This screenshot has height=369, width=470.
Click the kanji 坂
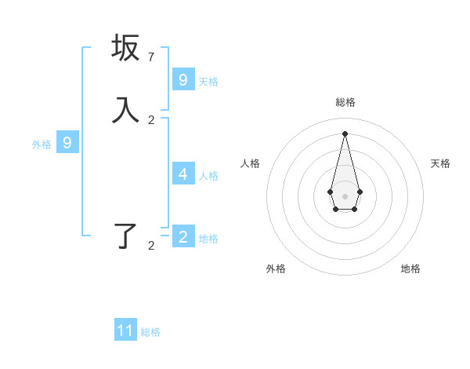[x=125, y=48]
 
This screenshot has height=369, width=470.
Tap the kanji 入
[x=125, y=110]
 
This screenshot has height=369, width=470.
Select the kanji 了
[x=125, y=236]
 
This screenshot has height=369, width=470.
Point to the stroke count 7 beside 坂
[x=151, y=57]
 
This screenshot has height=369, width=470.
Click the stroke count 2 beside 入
[x=151, y=120]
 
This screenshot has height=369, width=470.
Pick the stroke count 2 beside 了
[x=151, y=246]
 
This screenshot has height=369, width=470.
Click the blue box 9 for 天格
[x=183, y=80]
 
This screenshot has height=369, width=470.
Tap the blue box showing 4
[x=183, y=174]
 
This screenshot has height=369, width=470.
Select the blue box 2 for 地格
[x=183, y=237]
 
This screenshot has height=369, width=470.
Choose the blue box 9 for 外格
[x=67, y=143]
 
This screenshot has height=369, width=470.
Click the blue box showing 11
[x=125, y=331]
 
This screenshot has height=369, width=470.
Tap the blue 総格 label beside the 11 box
[x=150, y=332]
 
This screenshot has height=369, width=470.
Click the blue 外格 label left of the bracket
[x=42, y=144]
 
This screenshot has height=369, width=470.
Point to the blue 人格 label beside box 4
[x=208, y=176]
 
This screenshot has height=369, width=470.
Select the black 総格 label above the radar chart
[x=345, y=102]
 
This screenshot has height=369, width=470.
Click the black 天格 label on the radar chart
[x=440, y=163]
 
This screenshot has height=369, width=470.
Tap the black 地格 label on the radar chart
[x=410, y=269]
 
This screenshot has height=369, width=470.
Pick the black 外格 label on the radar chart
[x=276, y=269]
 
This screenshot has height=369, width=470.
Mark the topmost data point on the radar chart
[x=345, y=133]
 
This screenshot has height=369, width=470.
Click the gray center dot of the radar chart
[x=345, y=195]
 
